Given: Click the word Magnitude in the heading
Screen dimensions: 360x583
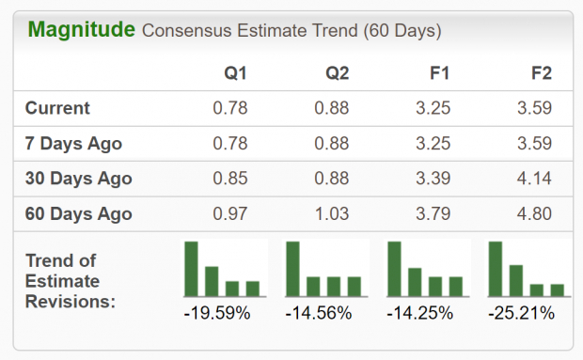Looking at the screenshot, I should pos(82,29).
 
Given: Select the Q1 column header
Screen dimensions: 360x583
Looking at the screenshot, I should pos(236,72).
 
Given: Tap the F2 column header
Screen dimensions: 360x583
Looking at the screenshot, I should pos(541,72).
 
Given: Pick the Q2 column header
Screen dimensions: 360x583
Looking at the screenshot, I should pos(338,72).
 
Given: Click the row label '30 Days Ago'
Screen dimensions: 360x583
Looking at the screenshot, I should pos(78,179).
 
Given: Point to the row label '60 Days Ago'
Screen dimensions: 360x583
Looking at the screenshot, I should pos(78,213).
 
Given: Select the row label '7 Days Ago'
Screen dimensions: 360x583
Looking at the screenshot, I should pos(73,144).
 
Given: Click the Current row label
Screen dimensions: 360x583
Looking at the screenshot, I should pos(57,108).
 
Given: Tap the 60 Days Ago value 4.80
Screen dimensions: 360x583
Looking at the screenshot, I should pos(535,213).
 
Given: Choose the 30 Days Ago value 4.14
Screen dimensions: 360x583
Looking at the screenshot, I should pos(535,179).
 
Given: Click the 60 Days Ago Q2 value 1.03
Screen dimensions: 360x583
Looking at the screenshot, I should pos(332,213).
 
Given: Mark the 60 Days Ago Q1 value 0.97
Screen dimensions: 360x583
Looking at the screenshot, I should pos(230,213).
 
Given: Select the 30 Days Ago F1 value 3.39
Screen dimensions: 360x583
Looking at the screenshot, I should pos(433,179).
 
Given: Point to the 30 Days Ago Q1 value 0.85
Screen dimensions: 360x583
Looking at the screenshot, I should pos(230,179).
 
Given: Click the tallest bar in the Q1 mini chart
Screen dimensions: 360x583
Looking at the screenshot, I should pos(191,269).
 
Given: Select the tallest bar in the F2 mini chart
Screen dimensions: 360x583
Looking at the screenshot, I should pos(496,269).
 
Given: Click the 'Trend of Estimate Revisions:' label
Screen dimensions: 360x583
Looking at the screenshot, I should pos(71,280).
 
